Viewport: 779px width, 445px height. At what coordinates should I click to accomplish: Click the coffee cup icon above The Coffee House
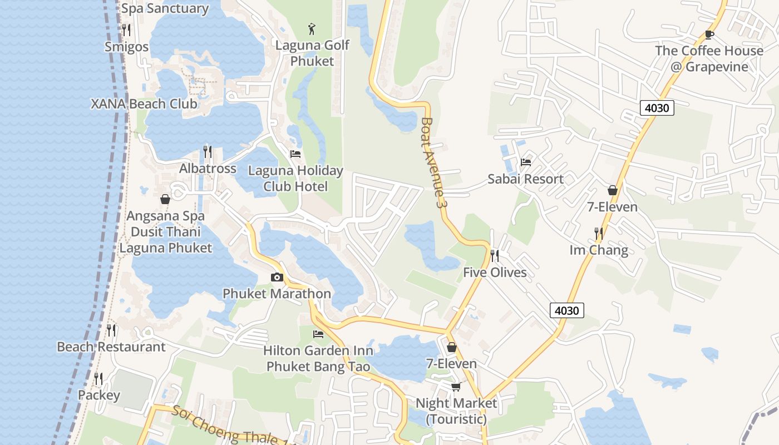(709, 34)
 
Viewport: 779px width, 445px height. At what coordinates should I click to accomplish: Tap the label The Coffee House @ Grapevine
(709, 58)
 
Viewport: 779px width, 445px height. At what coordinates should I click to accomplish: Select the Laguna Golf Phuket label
(312, 53)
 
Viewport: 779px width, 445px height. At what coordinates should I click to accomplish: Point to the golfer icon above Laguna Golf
(312, 28)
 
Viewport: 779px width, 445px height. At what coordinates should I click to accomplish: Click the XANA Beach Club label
(144, 103)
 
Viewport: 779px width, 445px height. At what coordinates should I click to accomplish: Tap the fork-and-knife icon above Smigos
(126, 30)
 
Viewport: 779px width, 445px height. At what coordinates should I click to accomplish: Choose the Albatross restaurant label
(208, 168)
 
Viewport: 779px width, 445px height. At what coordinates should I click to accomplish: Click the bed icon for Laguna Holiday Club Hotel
(295, 154)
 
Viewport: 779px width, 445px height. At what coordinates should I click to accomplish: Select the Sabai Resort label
(525, 179)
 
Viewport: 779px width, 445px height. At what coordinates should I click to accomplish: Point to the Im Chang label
(599, 250)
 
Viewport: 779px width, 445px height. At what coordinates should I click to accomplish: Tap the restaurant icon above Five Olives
(494, 256)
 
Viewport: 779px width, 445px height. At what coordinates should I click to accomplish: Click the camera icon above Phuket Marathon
(277, 277)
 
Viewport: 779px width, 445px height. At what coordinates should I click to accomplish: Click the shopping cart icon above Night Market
(456, 387)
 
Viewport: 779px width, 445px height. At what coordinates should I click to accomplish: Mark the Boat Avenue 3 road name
(435, 162)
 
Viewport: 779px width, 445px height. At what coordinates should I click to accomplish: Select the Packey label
(98, 395)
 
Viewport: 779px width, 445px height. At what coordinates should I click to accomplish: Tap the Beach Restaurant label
(111, 347)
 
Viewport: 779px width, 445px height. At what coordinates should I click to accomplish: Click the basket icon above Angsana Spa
(165, 199)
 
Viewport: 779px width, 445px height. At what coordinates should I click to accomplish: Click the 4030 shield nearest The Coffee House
(657, 107)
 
